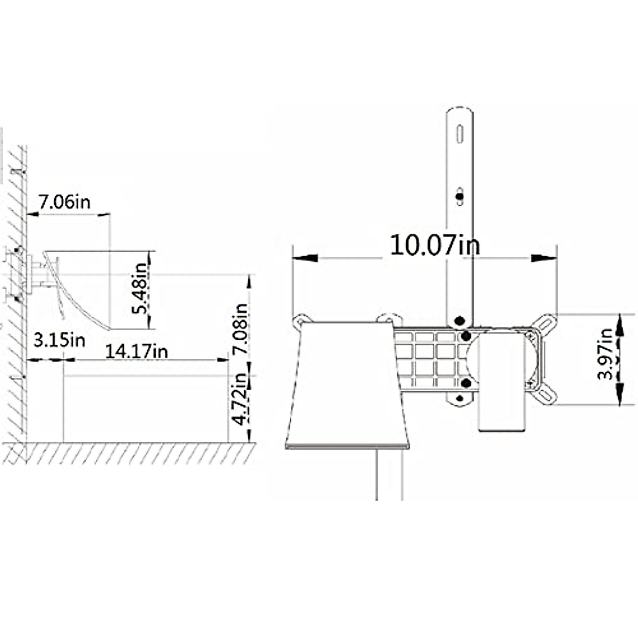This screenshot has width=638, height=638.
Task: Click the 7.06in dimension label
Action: click(x=64, y=202)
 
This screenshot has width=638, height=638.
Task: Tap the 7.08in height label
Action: click(x=241, y=330)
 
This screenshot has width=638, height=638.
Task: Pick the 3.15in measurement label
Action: click(x=59, y=340)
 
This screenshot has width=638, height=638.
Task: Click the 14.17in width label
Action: click(x=136, y=351)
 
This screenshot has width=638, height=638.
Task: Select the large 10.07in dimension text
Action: click(x=435, y=245)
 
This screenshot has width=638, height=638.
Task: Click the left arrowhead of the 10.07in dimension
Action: click(x=305, y=258)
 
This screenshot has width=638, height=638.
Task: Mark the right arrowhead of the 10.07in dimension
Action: click(x=543, y=258)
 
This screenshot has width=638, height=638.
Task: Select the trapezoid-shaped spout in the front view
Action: click(x=347, y=383)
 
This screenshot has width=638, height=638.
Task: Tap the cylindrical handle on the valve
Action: click(x=502, y=383)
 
